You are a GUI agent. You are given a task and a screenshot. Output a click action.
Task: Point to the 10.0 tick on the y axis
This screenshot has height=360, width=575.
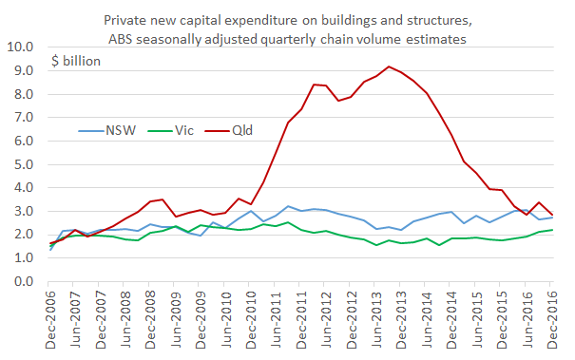[x=20, y=47]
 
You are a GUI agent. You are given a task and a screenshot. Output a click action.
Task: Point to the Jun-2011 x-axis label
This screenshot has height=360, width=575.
[x=272, y=320]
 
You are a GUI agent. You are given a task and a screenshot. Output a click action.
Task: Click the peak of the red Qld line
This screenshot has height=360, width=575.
[x=389, y=66]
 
